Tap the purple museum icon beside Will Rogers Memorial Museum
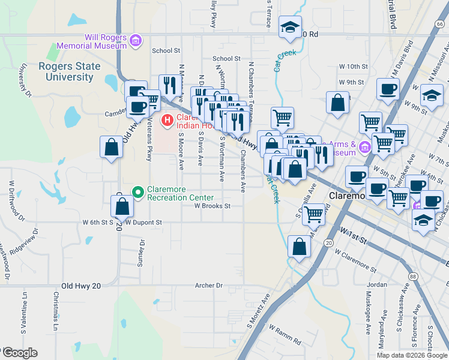(136, 41)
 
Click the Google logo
(19, 353)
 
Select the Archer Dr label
(209, 286)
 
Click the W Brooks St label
(212, 206)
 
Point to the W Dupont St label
(144, 222)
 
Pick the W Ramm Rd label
(285, 335)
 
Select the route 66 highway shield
(441, 24)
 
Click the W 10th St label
(352, 67)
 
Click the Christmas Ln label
(55, 311)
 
